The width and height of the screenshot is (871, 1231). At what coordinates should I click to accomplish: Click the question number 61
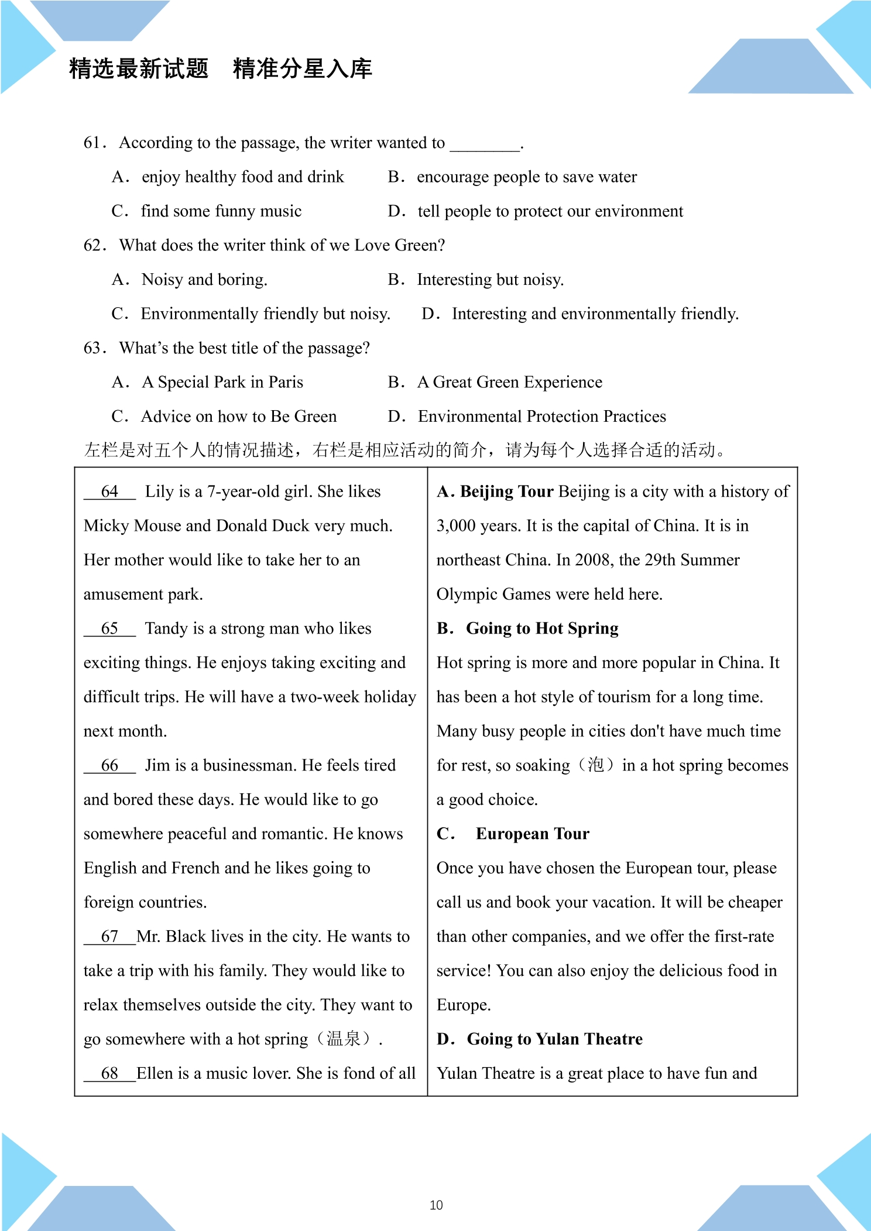click(94, 143)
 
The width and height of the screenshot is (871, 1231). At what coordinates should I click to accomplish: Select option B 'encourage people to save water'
click(526, 177)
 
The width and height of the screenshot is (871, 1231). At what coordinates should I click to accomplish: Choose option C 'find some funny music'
click(221, 211)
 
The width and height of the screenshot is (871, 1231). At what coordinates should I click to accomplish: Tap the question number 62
click(94, 245)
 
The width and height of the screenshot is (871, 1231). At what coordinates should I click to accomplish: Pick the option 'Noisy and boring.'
click(204, 280)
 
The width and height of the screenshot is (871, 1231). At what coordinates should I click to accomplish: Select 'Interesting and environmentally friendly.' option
click(595, 314)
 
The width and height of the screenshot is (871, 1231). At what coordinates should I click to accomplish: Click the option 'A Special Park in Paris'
click(222, 383)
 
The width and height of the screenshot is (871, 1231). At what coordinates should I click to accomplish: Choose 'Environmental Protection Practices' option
click(541, 417)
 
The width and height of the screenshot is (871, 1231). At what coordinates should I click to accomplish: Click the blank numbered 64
click(109, 491)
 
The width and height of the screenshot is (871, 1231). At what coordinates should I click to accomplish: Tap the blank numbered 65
click(109, 628)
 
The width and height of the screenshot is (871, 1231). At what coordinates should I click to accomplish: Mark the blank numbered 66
click(109, 765)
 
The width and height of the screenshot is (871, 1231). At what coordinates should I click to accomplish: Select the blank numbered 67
click(109, 937)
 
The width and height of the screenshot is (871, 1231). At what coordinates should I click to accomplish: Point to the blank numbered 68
click(109, 1074)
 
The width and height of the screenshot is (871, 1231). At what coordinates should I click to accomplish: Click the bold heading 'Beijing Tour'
click(506, 491)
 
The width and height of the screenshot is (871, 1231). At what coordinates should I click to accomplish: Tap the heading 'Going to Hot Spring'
click(542, 628)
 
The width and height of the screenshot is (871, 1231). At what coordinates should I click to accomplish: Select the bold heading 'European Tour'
click(532, 834)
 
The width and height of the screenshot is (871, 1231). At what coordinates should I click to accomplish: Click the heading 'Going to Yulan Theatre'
click(554, 1039)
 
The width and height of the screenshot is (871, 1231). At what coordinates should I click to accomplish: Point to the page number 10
click(436, 1205)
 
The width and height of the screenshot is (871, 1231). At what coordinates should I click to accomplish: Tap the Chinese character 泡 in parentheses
click(595, 765)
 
